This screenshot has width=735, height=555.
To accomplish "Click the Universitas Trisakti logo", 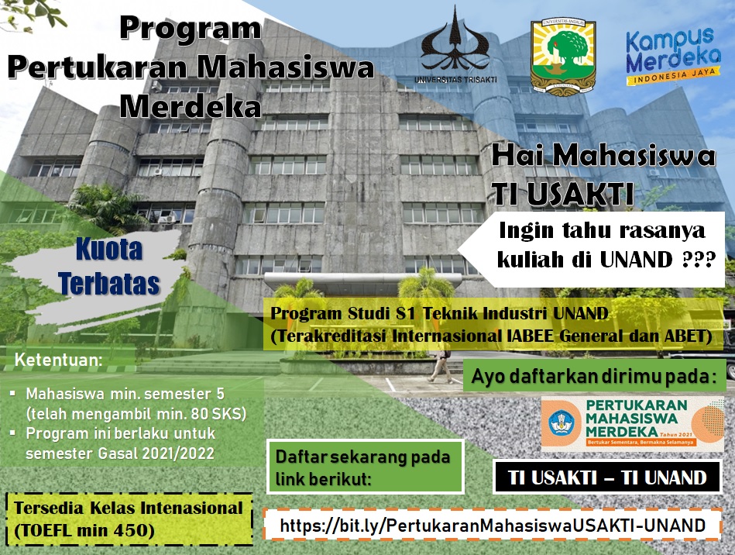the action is [x=455, y=46].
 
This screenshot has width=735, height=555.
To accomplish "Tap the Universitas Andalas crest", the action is [x=562, y=57].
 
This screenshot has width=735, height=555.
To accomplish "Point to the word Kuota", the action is [x=109, y=249].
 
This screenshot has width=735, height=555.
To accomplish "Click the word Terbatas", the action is [x=108, y=284].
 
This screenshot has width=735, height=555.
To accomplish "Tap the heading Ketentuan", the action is [x=59, y=360].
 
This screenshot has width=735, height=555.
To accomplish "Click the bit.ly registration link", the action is [x=493, y=525].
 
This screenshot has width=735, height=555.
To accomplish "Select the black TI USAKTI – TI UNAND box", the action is [x=607, y=477].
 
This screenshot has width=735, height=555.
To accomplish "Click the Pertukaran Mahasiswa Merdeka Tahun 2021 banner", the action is [x=632, y=424].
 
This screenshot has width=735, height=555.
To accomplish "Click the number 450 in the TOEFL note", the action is [x=136, y=531].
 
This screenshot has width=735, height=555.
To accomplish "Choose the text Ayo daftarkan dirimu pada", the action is [x=594, y=376].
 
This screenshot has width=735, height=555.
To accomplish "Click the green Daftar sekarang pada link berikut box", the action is [x=365, y=467].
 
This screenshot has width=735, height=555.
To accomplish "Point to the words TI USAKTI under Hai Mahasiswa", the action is [x=563, y=194].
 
